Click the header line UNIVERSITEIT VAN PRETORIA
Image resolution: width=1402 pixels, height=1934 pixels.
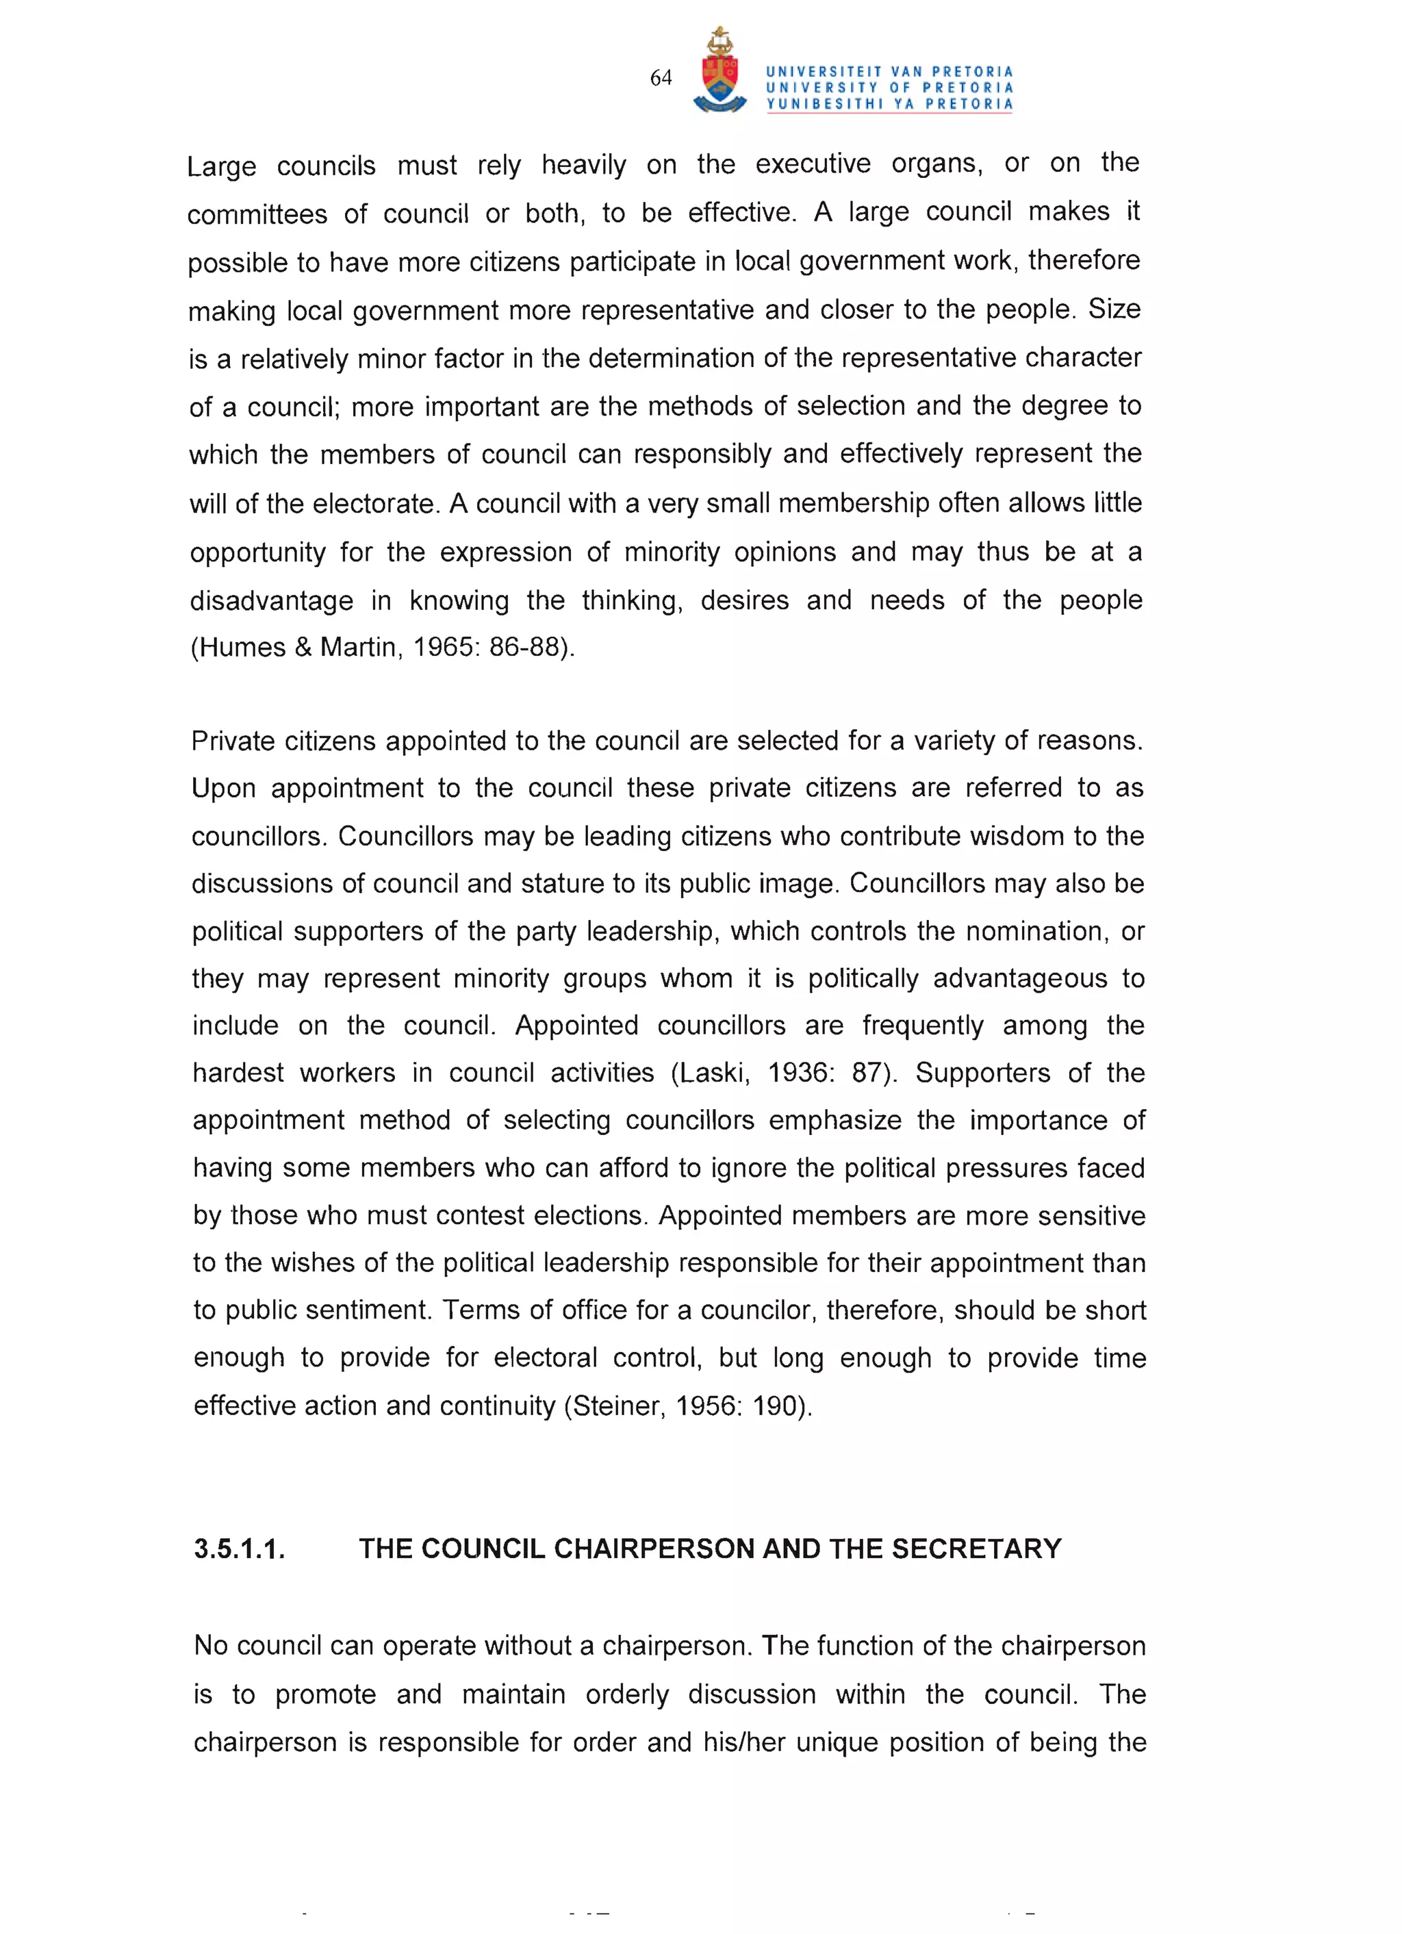click(x=889, y=72)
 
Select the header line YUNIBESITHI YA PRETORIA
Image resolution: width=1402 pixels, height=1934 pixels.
click(x=889, y=104)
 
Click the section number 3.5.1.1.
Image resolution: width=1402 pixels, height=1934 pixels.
click(x=240, y=1549)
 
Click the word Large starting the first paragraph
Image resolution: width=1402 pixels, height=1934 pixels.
click(x=221, y=166)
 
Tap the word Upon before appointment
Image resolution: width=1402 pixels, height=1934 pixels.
click(x=223, y=789)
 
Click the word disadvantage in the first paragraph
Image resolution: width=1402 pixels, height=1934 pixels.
click(x=271, y=601)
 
